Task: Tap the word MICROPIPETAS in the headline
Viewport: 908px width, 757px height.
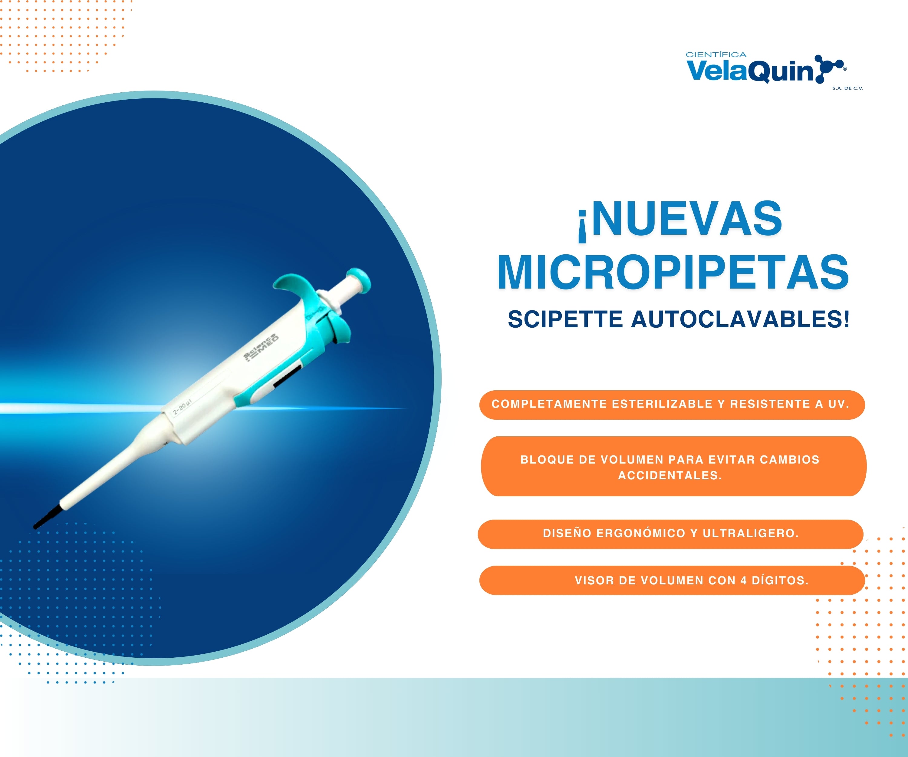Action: pos(673,272)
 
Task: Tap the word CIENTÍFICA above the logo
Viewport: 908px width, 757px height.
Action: pos(716,55)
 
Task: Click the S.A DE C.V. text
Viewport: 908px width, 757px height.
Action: pos(848,88)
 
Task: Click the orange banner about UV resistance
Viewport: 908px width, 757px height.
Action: pos(672,405)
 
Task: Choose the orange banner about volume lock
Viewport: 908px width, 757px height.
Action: pos(674,466)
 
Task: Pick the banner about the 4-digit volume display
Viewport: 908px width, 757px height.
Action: pos(672,580)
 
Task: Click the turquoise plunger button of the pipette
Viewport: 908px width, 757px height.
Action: pos(359,280)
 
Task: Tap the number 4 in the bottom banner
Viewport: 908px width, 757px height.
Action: pos(744,580)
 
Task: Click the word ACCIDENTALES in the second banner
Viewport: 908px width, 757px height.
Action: pos(670,475)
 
